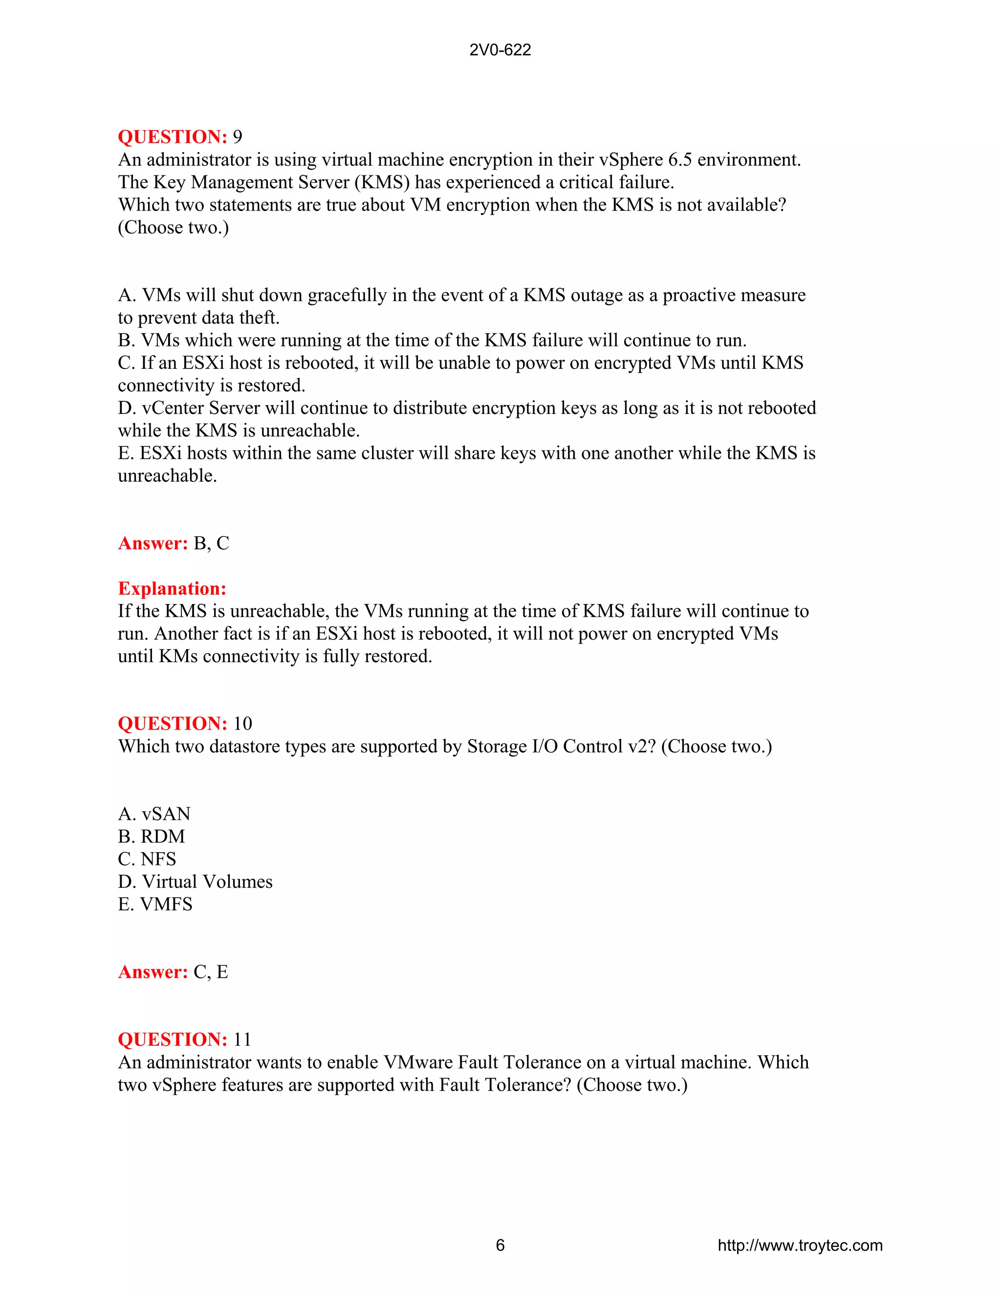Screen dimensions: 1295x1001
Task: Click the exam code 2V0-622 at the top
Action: (x=500, y=50)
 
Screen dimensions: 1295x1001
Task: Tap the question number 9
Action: (x=237, y=137)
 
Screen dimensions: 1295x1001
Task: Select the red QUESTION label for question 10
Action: (x=173, y=723)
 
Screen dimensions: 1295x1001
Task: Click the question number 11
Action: (x=242, y=1039)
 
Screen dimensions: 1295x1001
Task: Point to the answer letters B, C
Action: (x=211, y=543)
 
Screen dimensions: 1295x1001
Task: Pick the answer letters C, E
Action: (x=211, y=972)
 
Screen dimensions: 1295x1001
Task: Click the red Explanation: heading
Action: (x=172, y=588)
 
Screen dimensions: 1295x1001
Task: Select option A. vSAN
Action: (x=154, y=814)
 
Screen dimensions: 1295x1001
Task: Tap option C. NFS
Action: (x=147, y=859)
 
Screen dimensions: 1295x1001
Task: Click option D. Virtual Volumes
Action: (x=195, y=882)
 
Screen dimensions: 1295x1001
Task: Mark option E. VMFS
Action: (x=155, y=904)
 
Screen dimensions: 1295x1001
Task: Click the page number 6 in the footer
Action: (x=500, y=1245)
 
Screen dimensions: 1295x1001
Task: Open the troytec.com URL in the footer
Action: (x=800, y=1245)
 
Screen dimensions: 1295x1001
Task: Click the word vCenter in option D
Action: (x=173, y=408)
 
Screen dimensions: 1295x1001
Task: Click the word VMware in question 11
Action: (x=418, y=1062)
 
